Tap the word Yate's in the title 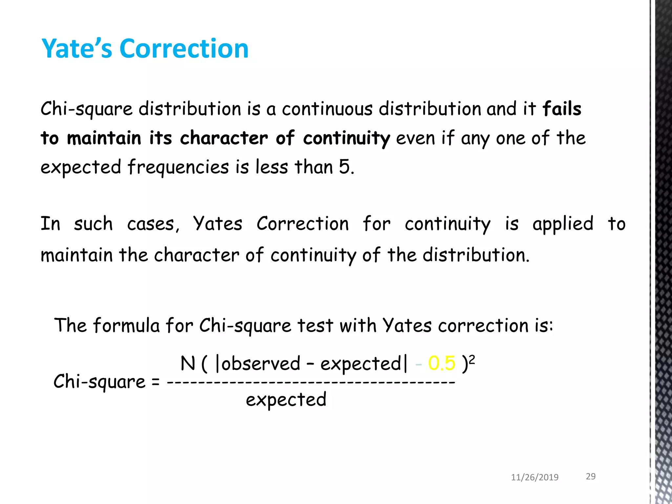pos(77,49)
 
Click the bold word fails pos(562,109)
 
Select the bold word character pos(224,138)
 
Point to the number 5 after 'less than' pos(345,167)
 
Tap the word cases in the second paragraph pos(153,224)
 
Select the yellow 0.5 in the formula pos(442,364)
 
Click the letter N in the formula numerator pos(188,364)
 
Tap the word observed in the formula pos(261,364)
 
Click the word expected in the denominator pos(286,400)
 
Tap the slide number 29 pos(591,476)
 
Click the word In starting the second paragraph pos(50,224)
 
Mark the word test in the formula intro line pos(315,325)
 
